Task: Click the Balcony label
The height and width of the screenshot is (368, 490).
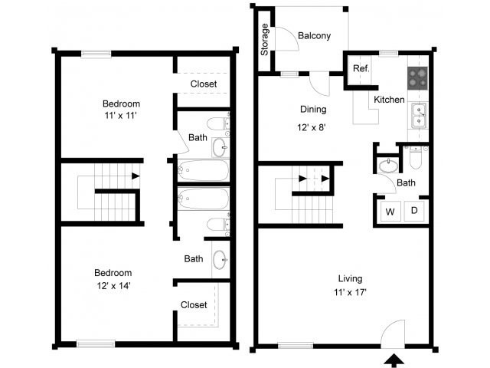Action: click(315, 35)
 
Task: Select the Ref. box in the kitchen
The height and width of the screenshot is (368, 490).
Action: click(361, 69)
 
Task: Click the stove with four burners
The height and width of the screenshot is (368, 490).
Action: click(417, 77)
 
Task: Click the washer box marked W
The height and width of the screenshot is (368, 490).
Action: click(390, 211)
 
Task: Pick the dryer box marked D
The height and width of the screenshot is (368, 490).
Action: click(414, 211)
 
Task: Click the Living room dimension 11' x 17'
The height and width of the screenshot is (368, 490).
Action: click(352, 292)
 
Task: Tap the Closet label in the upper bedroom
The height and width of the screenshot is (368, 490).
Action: click(203, 84)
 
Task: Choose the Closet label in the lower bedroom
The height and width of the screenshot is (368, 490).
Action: click(194, 304)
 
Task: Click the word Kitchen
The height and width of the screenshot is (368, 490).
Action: click(389, 100)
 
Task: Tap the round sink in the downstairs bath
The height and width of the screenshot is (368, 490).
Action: click(389, 163)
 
